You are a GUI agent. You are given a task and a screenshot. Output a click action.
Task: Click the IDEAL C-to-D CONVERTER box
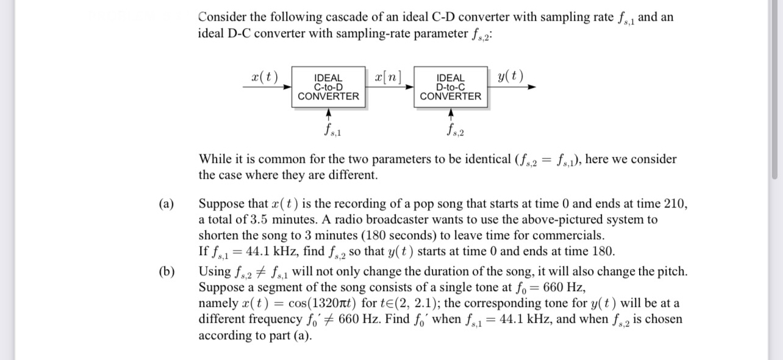(328, 87)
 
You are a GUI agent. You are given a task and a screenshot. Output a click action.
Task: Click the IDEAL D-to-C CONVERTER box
(451, 87)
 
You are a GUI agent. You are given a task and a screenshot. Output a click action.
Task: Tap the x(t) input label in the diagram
(264, 77)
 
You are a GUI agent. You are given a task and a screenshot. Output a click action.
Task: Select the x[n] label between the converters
(388, 77)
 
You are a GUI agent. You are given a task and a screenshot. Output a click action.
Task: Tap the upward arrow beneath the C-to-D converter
(329, 115)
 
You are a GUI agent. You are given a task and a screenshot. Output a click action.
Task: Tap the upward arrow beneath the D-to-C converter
(451, 115)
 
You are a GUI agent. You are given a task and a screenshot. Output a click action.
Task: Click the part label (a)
(165, 204)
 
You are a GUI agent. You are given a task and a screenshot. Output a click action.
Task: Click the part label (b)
(165, 272)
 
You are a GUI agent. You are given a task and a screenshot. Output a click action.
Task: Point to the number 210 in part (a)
(676, 204)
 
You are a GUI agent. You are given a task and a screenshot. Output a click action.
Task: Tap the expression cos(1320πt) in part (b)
(328, 303)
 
